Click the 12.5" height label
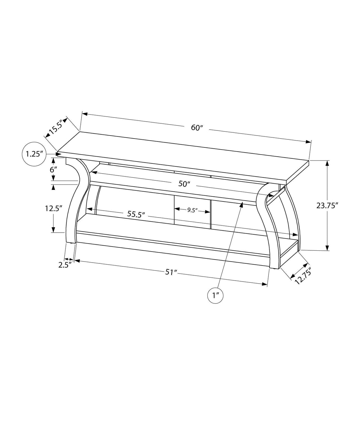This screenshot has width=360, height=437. (x=53, y=208)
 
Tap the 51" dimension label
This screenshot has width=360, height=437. (x=171, y=272)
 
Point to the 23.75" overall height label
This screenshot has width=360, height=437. (x=327, y=205)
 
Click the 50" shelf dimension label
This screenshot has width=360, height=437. (x=184, y=184)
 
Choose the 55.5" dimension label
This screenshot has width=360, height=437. (x=136, y=214)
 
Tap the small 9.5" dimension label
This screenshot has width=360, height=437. (x=192, y=210)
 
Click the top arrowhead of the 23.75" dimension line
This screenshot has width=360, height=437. (x=327, y=163)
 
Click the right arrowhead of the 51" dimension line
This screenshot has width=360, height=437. (x=265, y=284)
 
